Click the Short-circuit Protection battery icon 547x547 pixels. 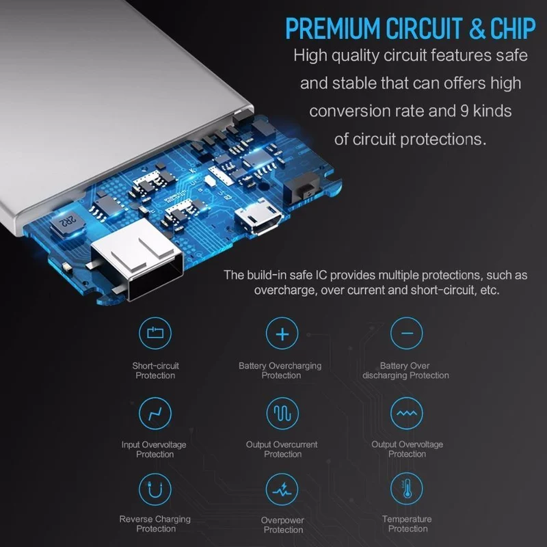coord(155,333)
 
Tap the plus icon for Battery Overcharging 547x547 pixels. coord(282,334)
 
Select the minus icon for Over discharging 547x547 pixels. coord(406,333)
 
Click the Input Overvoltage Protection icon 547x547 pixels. coord(155,414)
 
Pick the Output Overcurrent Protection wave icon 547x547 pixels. coord(282,413)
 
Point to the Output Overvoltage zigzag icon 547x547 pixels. coord(406,413)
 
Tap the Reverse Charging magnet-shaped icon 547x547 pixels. coord(155,489)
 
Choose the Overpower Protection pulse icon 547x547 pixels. coord(282,489)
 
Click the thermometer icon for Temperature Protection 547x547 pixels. coord(406,488)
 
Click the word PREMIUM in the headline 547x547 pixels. coord(333,28)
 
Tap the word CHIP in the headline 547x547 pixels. coord(513,28)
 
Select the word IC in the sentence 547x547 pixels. coord(321,275)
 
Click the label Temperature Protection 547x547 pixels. coord(407,524)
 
